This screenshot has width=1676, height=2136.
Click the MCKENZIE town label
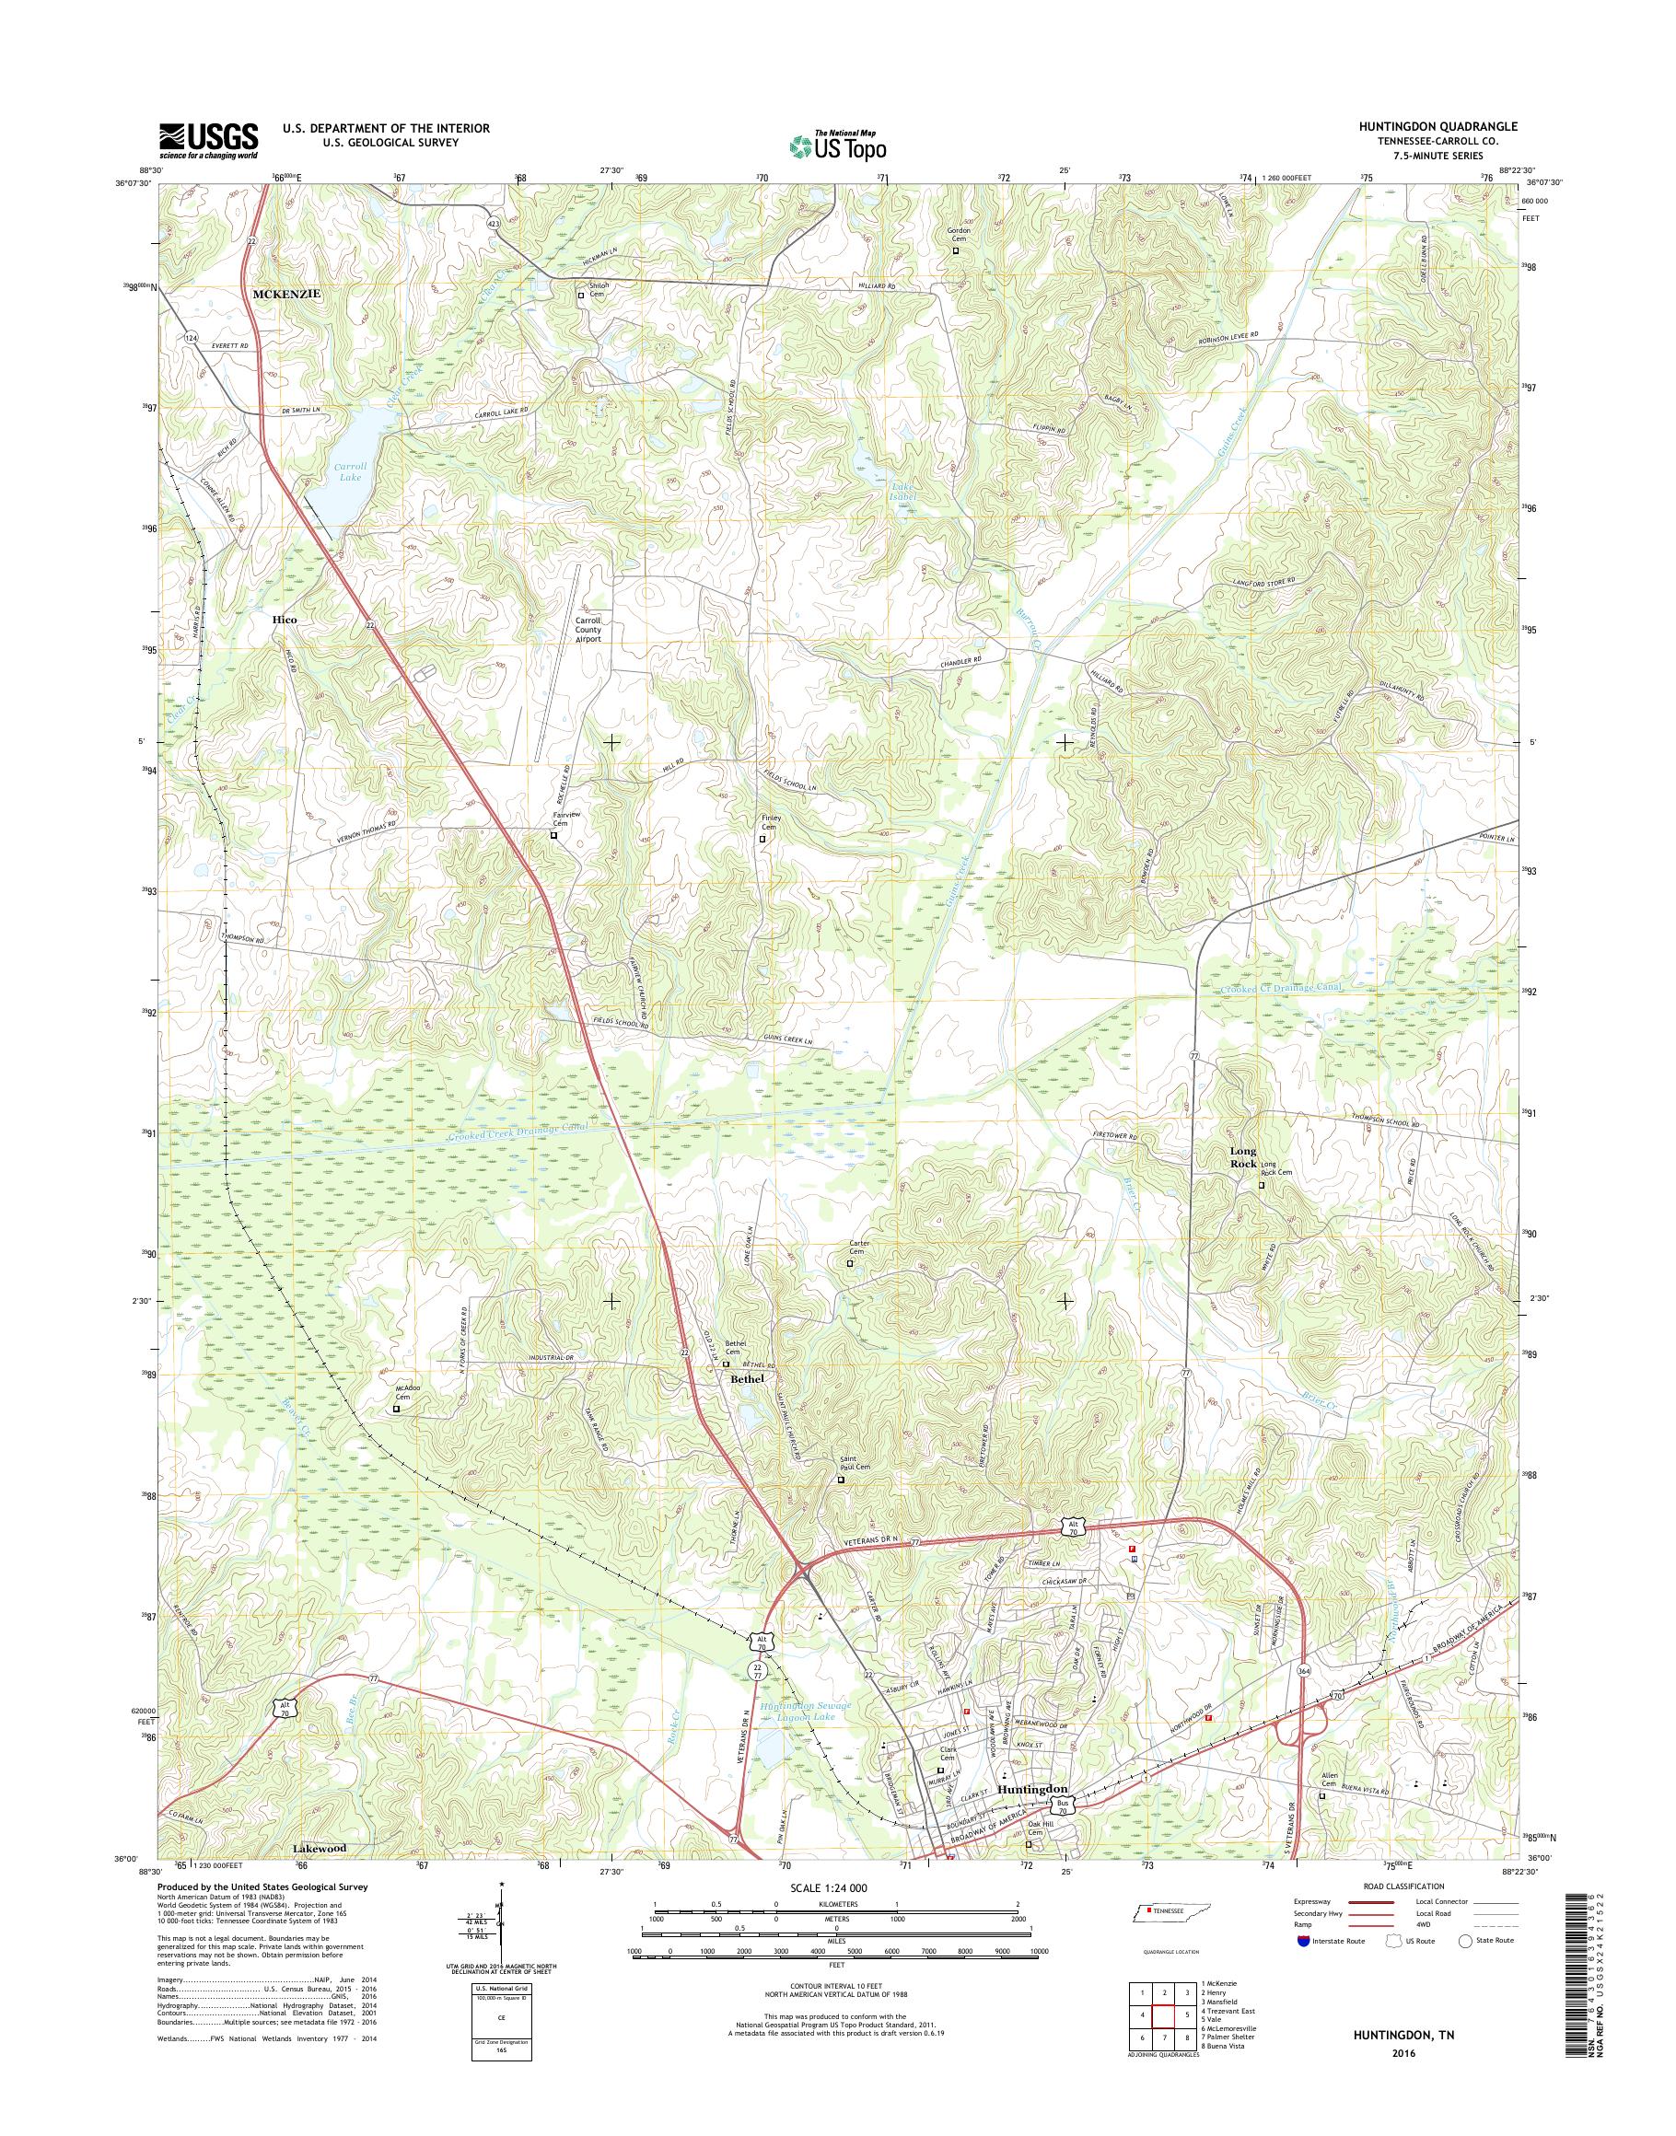click(x=287, y=294)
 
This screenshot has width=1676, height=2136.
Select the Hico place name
click(x=285, y=621)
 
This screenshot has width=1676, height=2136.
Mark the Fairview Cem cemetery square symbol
click(x=553, y=836)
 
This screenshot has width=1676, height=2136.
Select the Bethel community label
click(x=747, y=1377)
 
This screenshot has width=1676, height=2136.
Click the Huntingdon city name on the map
click(x=1031, y=1789)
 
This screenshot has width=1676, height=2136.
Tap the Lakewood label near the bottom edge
click(x=320, y=1848)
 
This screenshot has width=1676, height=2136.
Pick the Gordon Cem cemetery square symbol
click(x=957, y=250)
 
